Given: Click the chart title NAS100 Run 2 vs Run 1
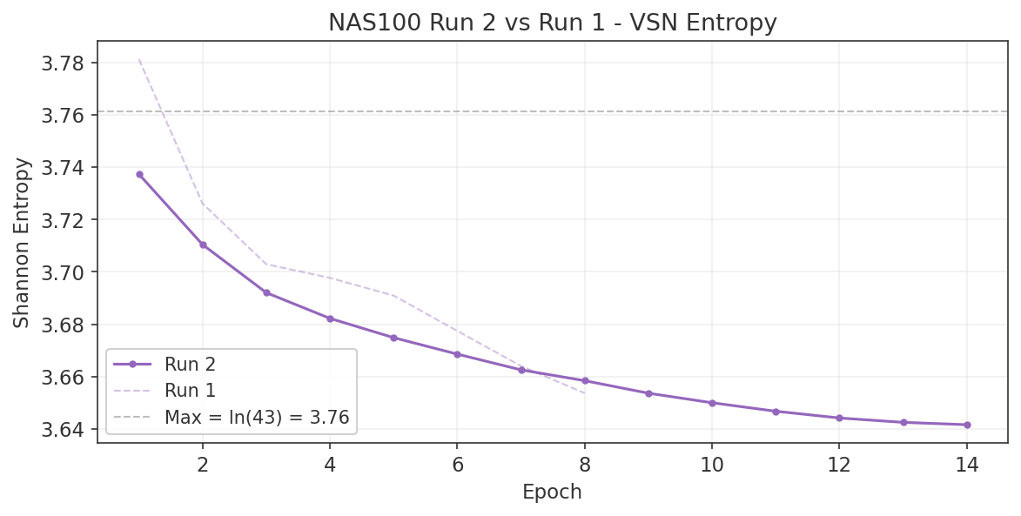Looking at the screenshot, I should (552, 23).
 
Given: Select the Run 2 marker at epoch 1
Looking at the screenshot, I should (139, 174).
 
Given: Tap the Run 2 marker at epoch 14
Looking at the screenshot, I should (967, 425).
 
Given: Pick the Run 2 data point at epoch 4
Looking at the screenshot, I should (330, 318).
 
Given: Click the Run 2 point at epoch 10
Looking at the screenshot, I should (712, 403).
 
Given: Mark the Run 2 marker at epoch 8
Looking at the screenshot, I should (585, 381).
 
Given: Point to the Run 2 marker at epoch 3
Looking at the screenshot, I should (266, 292).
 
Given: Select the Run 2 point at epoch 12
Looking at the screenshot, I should (839, 418).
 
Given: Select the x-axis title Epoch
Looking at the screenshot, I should (552, 493).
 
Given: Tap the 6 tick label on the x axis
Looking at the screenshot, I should (458, 465).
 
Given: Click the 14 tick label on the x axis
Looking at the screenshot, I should (966, 465).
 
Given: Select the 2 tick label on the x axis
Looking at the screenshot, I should (203, 465).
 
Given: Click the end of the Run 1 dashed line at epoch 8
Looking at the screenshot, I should (585, 393).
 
